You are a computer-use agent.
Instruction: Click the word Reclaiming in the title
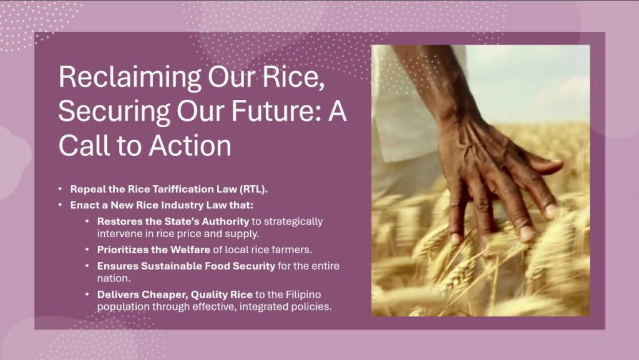(130, 77)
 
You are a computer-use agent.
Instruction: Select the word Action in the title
(190, 145)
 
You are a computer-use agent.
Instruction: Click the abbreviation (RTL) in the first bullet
(253, 190)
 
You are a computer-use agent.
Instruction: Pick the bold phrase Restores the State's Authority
(173, 221)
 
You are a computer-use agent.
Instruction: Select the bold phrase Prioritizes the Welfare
(154, 250)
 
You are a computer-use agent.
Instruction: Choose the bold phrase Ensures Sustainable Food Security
(186, 266)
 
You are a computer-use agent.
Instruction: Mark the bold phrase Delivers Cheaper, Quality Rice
(175, 294)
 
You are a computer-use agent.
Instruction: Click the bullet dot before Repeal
(61, 189)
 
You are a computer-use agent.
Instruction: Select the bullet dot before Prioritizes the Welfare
(87, 249)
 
